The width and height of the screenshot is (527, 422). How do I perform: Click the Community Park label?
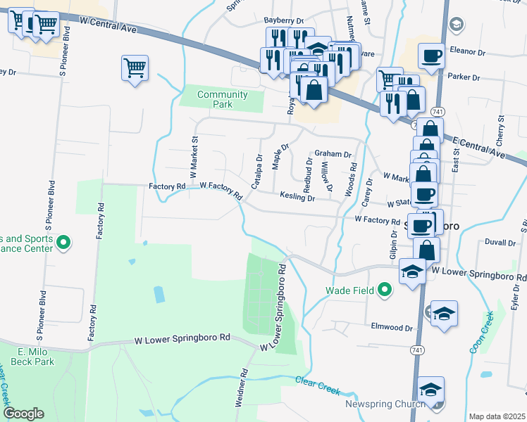(223, 99)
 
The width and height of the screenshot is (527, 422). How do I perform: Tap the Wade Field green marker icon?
(384, 289)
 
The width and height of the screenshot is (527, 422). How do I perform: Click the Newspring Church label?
(385, 404)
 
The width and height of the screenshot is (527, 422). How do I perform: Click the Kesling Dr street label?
(297, 198)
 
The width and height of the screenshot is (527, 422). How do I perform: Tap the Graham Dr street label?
(333, 153)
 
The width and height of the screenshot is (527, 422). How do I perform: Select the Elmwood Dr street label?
(393, 327)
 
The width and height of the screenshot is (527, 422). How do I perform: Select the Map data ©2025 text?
(497, 416)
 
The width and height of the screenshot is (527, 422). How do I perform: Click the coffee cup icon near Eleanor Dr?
(431, 55)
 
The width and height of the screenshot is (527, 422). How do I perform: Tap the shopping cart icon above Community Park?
(135, 68)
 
